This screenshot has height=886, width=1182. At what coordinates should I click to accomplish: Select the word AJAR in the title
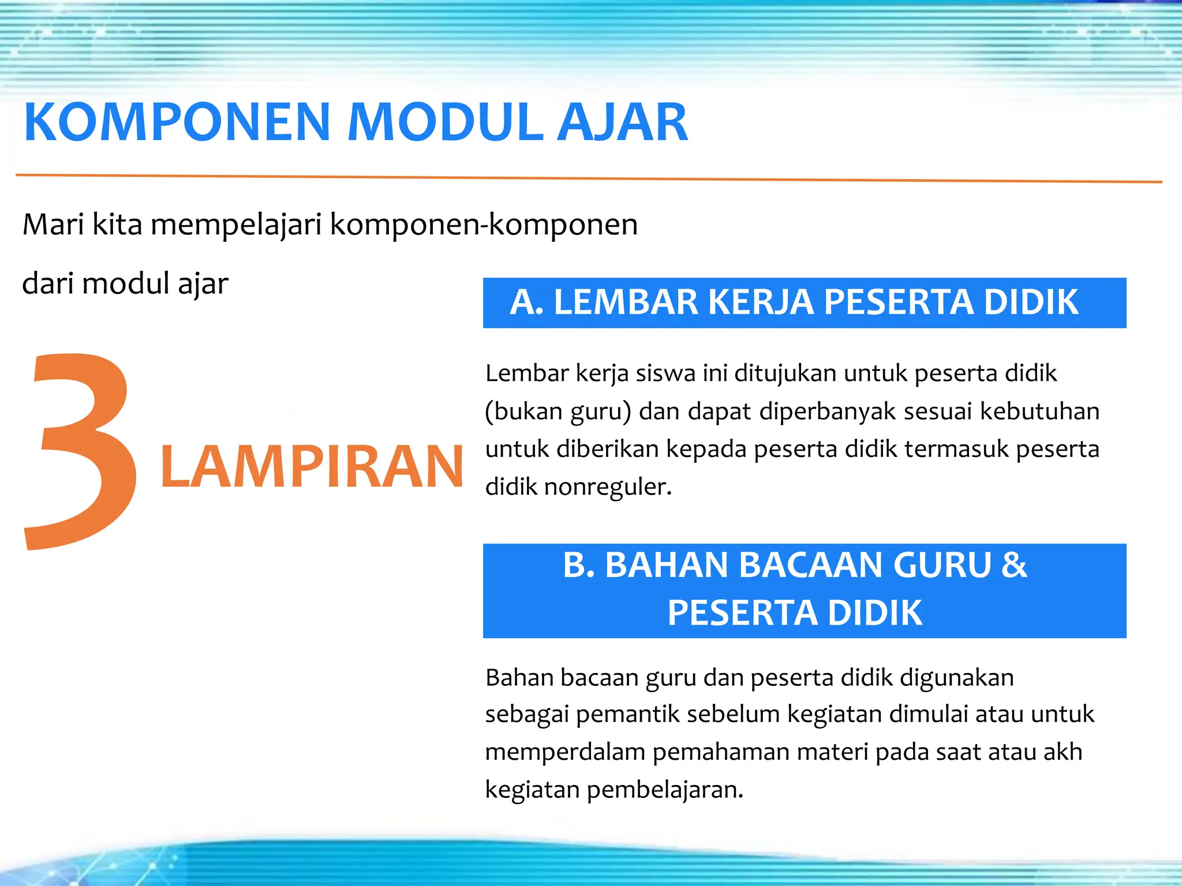click(x=622, y=122)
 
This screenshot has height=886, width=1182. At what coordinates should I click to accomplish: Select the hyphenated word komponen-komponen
click(x=484, y=226)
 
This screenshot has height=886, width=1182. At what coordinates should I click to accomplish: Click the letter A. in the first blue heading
click(x=526, y=302)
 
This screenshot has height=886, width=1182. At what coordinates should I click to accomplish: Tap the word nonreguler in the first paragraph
click(x=607, y=487)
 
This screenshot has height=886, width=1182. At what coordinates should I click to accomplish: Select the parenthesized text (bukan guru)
click(x=558, y=412)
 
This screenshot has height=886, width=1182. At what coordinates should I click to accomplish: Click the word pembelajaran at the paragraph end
click(x=665, y=790)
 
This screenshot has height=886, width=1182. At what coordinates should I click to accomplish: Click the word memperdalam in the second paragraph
click(x=565, y=752)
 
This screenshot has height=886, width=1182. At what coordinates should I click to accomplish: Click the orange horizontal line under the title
click(x=589, y=178)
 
